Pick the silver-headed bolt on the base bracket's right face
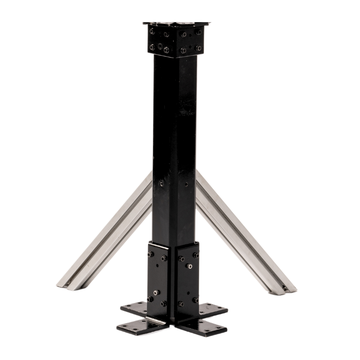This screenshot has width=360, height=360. point(190,267)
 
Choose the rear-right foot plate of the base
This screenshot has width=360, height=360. point(211,309)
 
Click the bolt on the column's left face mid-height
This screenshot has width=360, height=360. point(161,183)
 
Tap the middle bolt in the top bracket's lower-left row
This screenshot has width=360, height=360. point(160,47)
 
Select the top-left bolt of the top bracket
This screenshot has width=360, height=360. point(152,31)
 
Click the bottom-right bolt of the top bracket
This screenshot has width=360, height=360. point(198,48)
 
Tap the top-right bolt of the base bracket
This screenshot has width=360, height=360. point(196,255)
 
